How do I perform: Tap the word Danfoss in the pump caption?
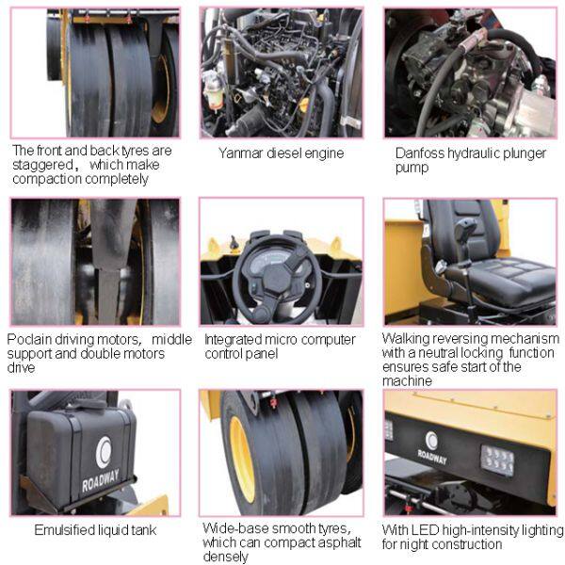419,153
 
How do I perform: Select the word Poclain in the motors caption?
29,339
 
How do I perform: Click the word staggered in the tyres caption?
43,165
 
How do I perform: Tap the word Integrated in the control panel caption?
234,340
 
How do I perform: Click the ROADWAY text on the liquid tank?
101,480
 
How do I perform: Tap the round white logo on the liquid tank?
104,452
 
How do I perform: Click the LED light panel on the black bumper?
497,460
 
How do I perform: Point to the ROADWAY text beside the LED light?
432,457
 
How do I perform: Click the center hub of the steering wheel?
277,279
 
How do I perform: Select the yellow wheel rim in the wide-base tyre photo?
242,460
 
